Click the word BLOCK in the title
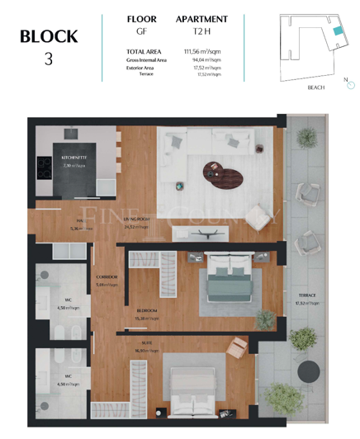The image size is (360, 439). (49, 36)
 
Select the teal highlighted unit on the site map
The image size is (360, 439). (337, 30)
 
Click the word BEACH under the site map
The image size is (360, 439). (315, 87)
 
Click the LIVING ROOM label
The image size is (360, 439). (136, 219)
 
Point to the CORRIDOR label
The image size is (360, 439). (107, 276)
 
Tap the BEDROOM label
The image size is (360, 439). (147, 310)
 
